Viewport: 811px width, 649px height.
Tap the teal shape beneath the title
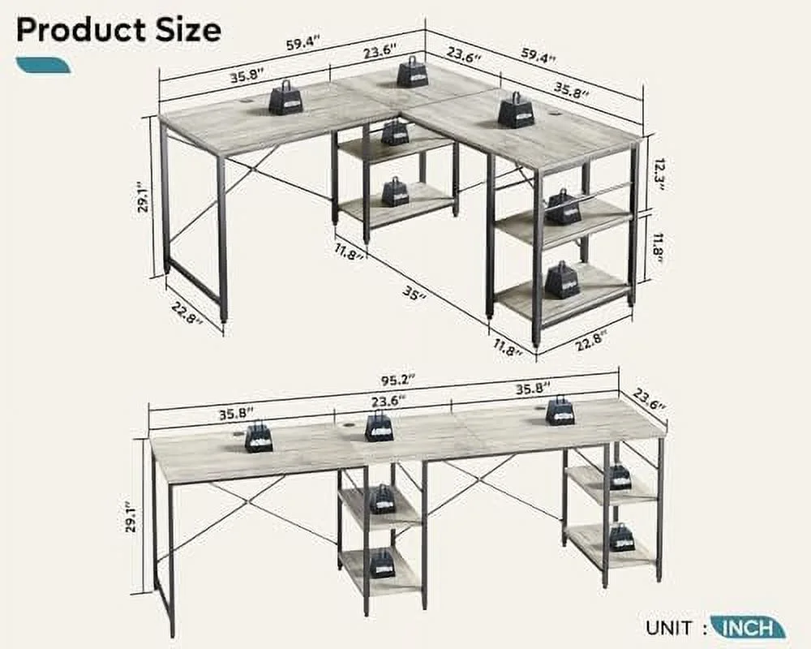pyautogui.click(x=42, y=65)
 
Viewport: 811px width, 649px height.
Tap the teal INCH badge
pyautogui.click(x=748, y=627)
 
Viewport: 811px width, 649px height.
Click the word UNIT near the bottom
pyautogui.click(x=670, y=627)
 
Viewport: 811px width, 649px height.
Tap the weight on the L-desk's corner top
pyautogui.click(x=412, y=72)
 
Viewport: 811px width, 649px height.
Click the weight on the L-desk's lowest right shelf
pyautogui.click(x=561, y=280)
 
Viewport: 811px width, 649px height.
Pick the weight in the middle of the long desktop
pyautogui.click(x=379, y=426)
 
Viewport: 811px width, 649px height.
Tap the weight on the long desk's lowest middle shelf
pyautogui.click(x=382, y=563)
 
